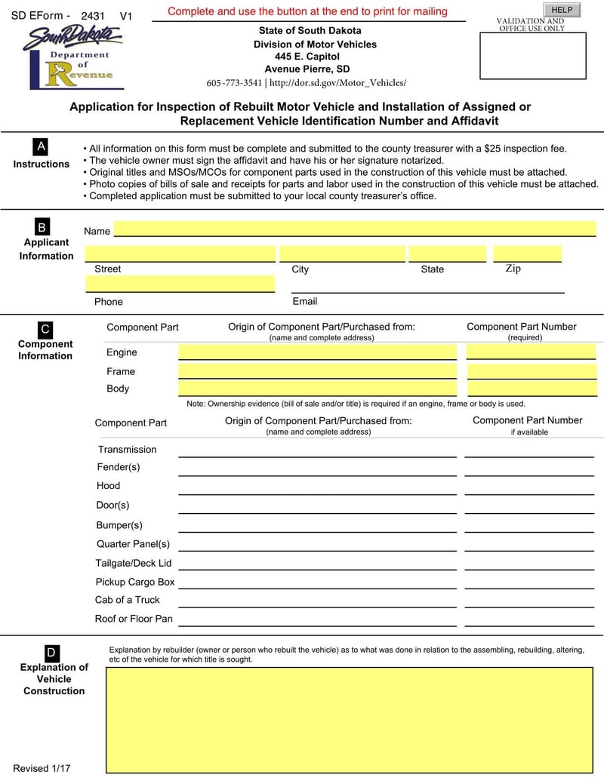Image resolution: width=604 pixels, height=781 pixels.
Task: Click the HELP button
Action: click(x=562, y=10)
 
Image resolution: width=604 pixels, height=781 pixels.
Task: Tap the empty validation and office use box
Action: click(x=532, y=56)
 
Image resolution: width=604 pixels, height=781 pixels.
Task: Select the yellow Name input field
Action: click(x=354, y=229)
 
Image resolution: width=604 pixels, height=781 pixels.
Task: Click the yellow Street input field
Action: click(x=180, y=254)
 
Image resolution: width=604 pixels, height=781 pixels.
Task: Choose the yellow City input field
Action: click(x=342, y=254)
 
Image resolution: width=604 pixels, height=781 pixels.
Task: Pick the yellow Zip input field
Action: click(x=527, y=254)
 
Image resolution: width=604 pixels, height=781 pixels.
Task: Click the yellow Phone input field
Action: click(x=180, y=284)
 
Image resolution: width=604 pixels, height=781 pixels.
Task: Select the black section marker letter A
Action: click(x=41, y=146)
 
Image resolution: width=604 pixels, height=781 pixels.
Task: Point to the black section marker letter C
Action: click(x=45, y=329)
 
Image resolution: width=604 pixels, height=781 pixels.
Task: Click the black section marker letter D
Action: click(x=51, y=653)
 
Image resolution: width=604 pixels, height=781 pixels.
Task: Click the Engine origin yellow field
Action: click(x=317, y=352)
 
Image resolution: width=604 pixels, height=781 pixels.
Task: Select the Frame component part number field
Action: click(x=532, y=371)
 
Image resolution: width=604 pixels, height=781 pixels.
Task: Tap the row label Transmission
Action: click(x=127, y=450)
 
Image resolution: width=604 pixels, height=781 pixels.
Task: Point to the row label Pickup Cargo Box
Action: click(x=135, y=582)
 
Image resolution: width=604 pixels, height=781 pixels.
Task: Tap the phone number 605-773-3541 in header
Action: click(x=234, y=83)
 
